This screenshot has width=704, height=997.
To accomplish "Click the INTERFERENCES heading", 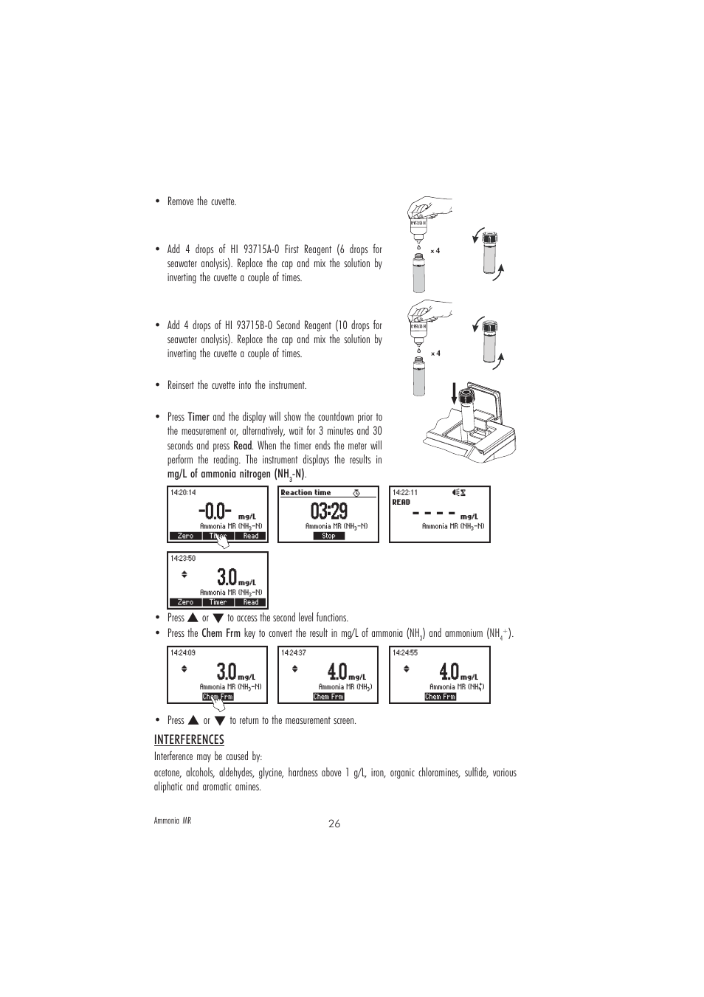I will point(189,739).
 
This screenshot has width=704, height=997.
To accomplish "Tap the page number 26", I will point(335,824).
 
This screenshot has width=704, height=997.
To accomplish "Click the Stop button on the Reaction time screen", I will point(328,536).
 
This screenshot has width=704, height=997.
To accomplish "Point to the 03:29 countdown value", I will point(328,511).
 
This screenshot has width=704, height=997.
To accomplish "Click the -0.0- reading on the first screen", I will point(215,511).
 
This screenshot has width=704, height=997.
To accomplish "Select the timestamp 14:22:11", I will point(405,492).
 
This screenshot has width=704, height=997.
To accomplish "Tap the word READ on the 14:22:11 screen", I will point(401,502).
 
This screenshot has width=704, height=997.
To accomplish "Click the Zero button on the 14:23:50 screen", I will point(185,602).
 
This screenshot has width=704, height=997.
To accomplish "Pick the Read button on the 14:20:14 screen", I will point(251,537).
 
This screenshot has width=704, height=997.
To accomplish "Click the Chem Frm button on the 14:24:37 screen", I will point(328,697).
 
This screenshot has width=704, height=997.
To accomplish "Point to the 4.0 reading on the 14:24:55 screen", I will point(449,672).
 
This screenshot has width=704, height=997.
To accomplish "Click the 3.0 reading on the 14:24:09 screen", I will point(227,672).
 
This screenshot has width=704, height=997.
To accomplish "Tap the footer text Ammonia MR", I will point(172,821).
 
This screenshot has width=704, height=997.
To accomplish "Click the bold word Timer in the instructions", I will point(199,417).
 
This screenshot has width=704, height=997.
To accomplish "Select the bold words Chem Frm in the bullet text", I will point(221,633).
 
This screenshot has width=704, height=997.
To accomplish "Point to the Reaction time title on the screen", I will point(306,492).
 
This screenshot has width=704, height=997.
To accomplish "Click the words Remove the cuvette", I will point(201,201).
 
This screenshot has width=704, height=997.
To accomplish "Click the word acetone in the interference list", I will point(168,773).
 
